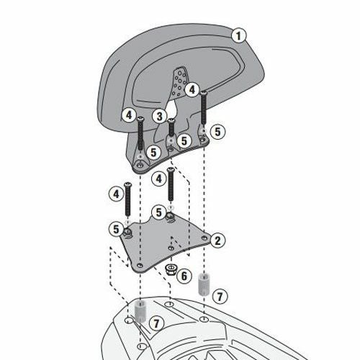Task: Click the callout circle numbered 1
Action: [x=238, y=36]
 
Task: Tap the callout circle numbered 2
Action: [x=217, y=240]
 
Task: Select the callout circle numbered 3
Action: [x=160, y=117]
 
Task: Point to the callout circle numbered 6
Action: [x=184, y=276]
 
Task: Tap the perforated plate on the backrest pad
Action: [x=179, y=81]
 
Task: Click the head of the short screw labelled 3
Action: [x=171, y=120]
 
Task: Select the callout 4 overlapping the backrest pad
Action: [x=192, y=90]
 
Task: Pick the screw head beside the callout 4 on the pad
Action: [x=203, y=92]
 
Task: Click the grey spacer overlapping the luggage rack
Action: [x=140, y=312]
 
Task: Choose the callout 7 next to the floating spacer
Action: [x=220, y=297]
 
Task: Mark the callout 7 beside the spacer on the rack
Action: [x=156, y=323]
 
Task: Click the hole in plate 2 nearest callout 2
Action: [x=204, y=238]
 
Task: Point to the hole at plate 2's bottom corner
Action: [x=140, y=266]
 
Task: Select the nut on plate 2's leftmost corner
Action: [x=127, y=233]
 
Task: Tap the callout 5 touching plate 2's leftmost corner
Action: [x=116, y=229]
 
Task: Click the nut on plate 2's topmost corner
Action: [x=171, y=216]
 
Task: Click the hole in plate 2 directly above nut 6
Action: [x=171, y=248]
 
